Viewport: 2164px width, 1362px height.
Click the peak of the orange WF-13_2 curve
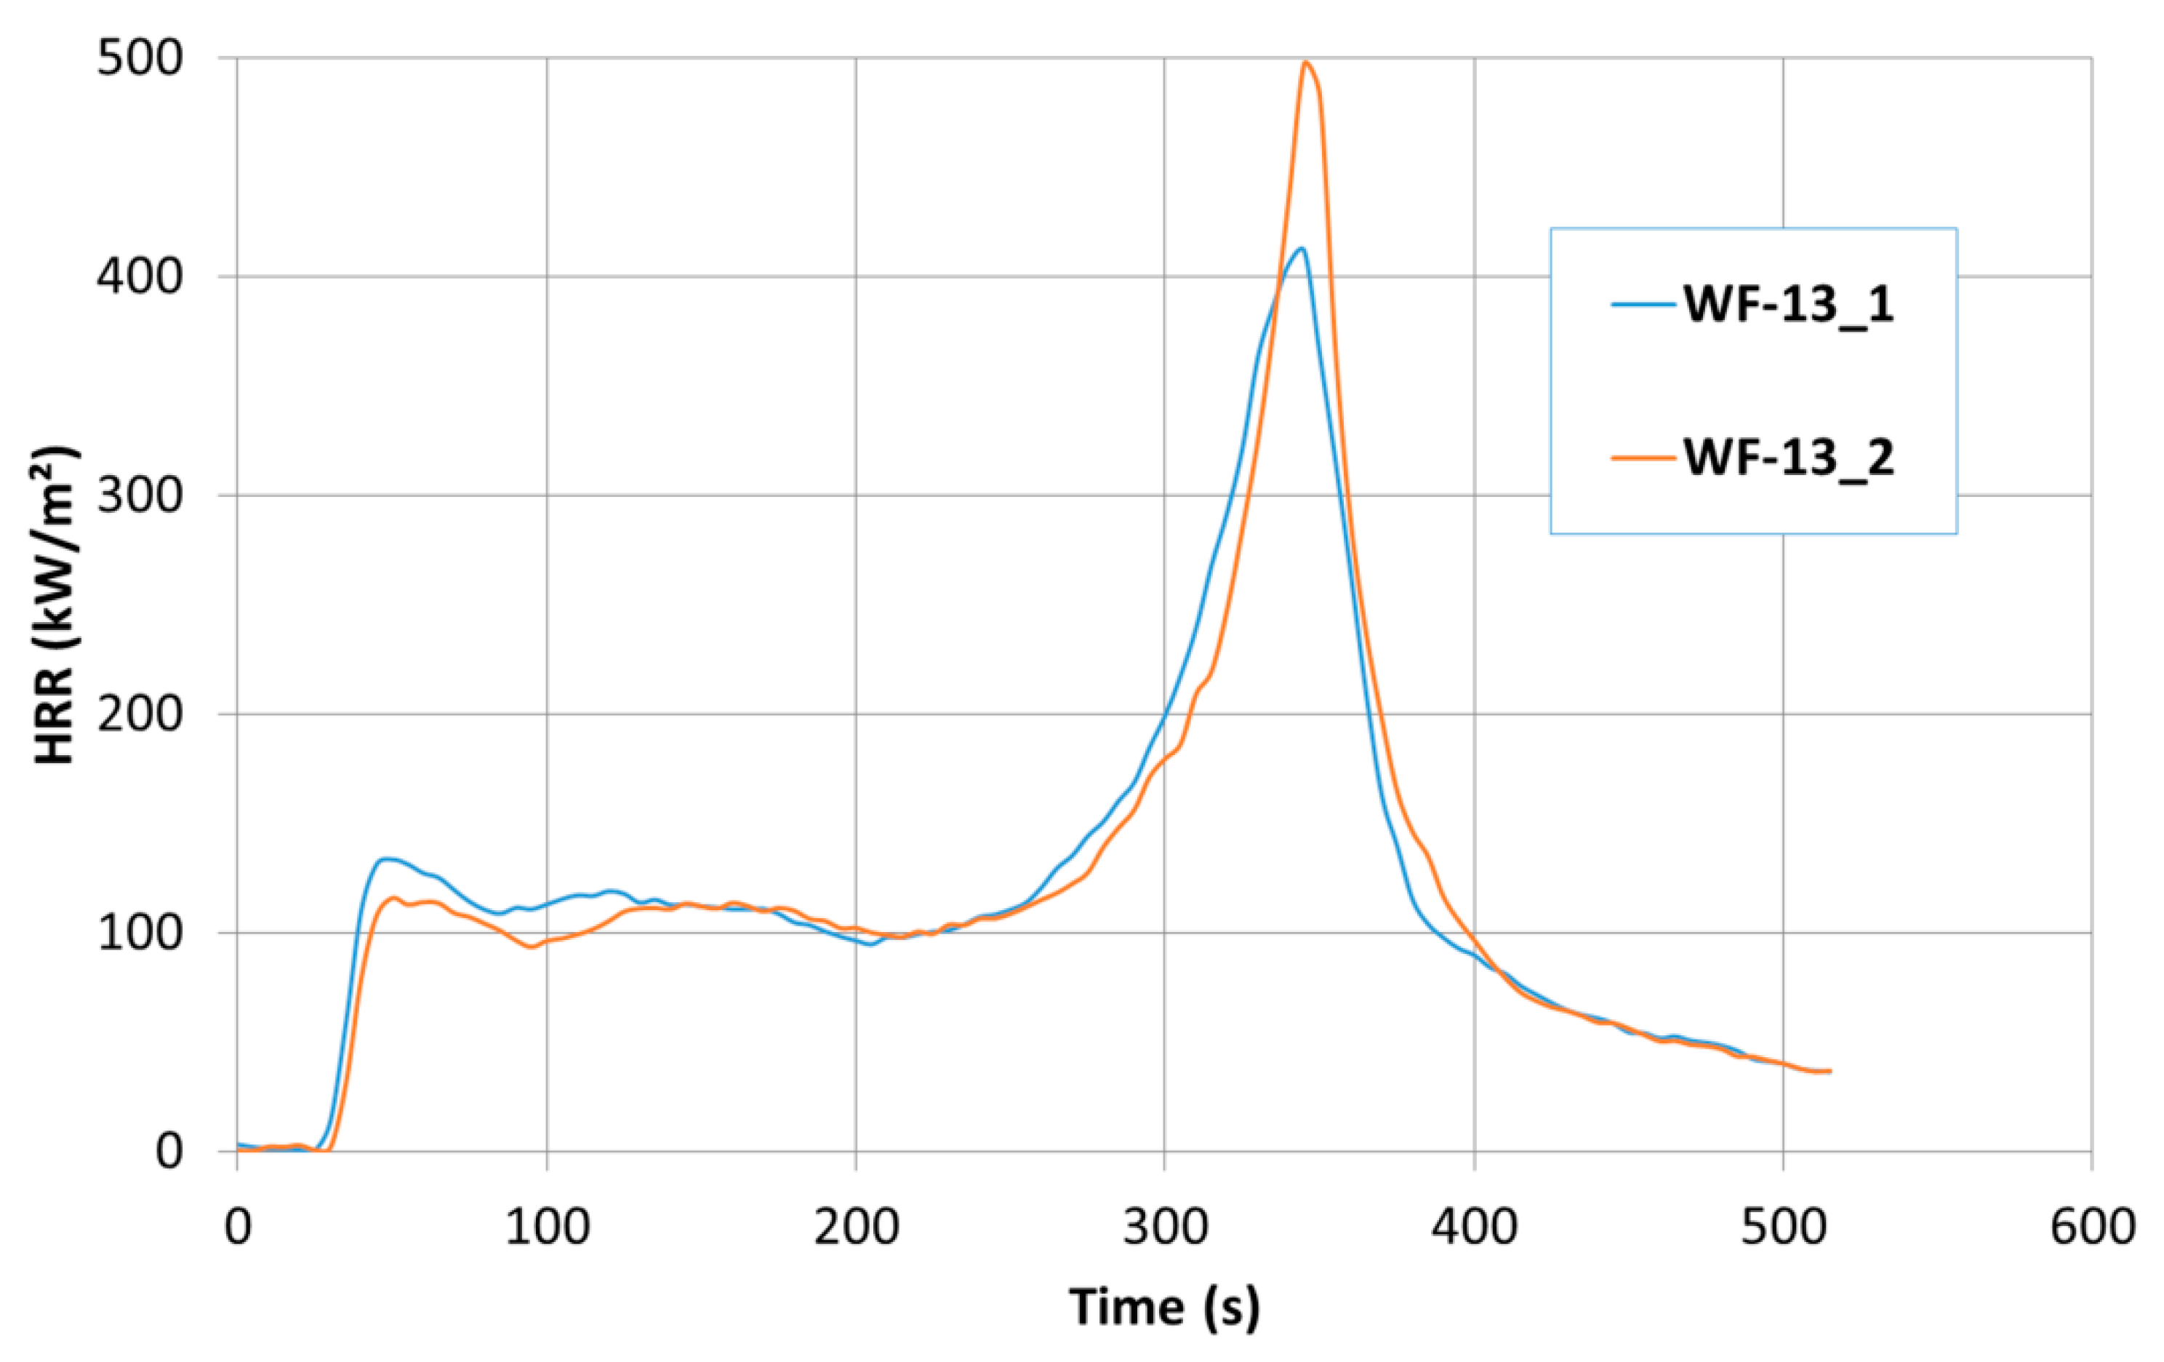point(1305,62)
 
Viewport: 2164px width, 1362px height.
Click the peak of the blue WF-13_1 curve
point(1299,249)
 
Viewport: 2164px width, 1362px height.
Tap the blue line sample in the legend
point(1643,305)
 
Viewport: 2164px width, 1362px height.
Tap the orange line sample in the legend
point(1643,458)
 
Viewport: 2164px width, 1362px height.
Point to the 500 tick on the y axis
point(140,60)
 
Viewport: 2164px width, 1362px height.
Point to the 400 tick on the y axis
point(140,277)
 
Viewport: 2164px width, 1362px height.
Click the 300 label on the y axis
point(140,495)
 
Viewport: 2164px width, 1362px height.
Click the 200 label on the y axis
point(140,714)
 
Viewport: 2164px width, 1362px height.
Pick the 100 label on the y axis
point(140,933)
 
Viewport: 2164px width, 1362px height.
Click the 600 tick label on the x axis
point(2092,1228)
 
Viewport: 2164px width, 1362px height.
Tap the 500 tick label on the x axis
point(1783,1228)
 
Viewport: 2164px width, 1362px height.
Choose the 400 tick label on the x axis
point(1474,1228)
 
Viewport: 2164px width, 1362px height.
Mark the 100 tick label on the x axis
point(546,1228)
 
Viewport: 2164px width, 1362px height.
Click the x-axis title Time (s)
point(1163,1307)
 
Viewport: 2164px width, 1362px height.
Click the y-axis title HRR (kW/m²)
point(56,604)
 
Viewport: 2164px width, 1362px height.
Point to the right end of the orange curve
point(1830,1071)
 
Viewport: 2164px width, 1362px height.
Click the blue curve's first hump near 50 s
point(386,859)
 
